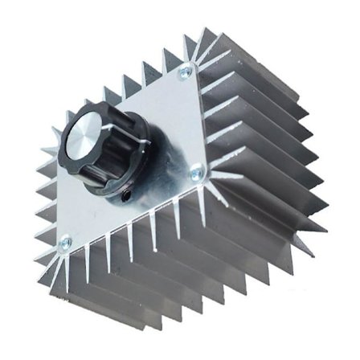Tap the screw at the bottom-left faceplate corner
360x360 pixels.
[x=66, y=241]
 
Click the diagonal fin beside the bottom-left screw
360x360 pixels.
[x=50, y=249]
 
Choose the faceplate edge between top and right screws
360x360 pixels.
[x=192, y=121]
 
